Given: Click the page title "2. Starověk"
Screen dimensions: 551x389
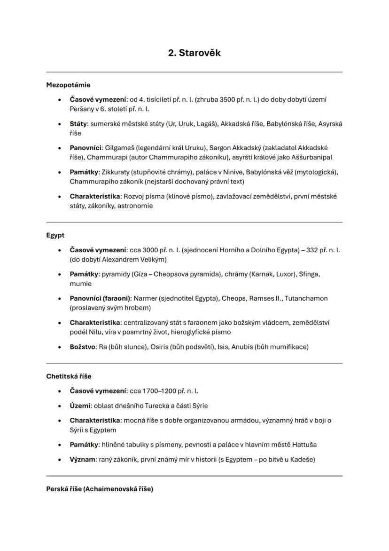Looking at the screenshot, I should click(x=194, y=53).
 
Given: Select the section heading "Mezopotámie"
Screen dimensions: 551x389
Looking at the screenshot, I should click(x=68, y=85).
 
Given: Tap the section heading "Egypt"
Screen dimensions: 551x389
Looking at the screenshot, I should click(x=55, y=235).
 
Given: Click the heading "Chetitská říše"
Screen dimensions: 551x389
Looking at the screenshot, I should click(x=69, y=376).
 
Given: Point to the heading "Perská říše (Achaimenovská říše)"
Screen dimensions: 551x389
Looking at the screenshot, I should click(x=99, y=489).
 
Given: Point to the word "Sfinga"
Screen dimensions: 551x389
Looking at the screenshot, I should click(x=310, y=274).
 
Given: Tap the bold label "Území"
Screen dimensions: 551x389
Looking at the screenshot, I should click(x=79, y=406).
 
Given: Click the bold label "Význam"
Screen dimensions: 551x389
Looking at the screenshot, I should click(x=82, y=459).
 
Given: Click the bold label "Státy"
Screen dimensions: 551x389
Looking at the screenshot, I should click(x=78, y=124).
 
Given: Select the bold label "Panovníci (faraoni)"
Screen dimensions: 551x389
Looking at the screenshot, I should click(x=101, y=298).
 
